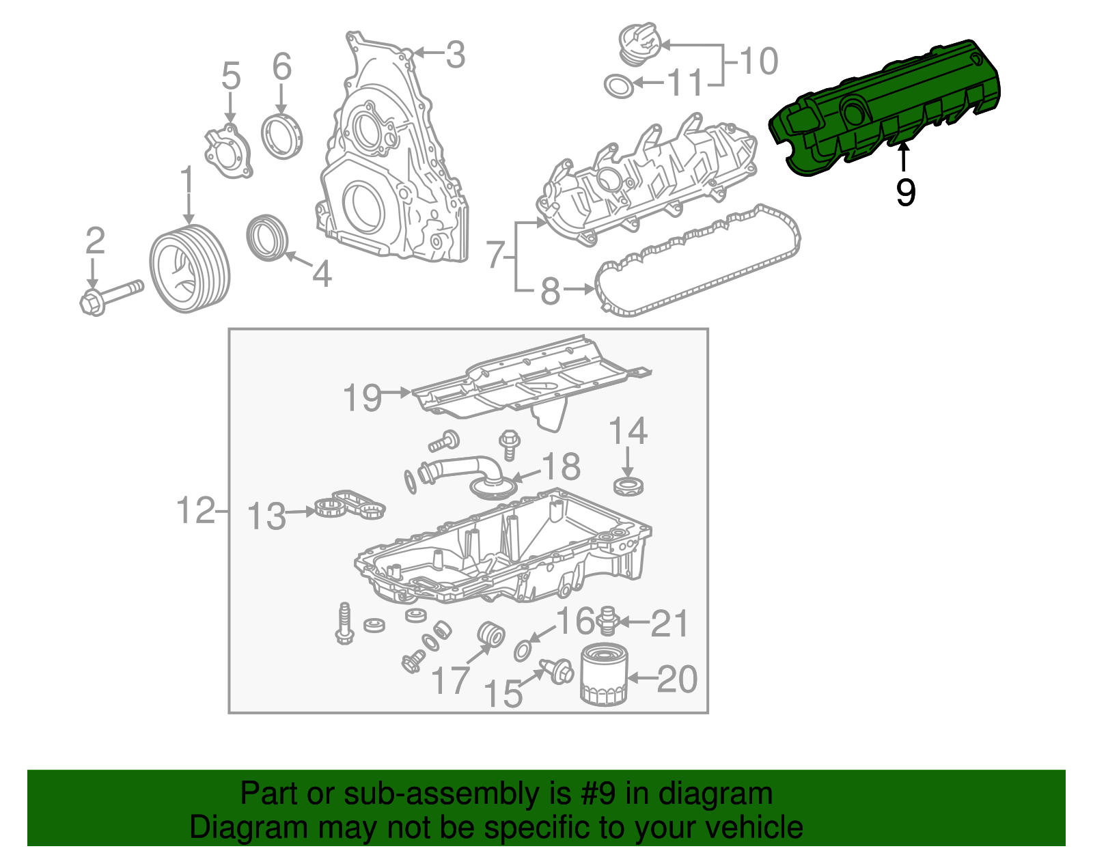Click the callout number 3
click(x=455, y=55)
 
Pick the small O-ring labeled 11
click(x=619, y=86)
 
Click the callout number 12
click(x=195, y=510)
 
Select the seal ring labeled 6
click(x=281, y=137)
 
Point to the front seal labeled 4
click(x=266, y=237)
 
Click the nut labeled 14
click(x=628, y=486)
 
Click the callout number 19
click(x=362, y=397)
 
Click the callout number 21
click(x=669, y=623)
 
